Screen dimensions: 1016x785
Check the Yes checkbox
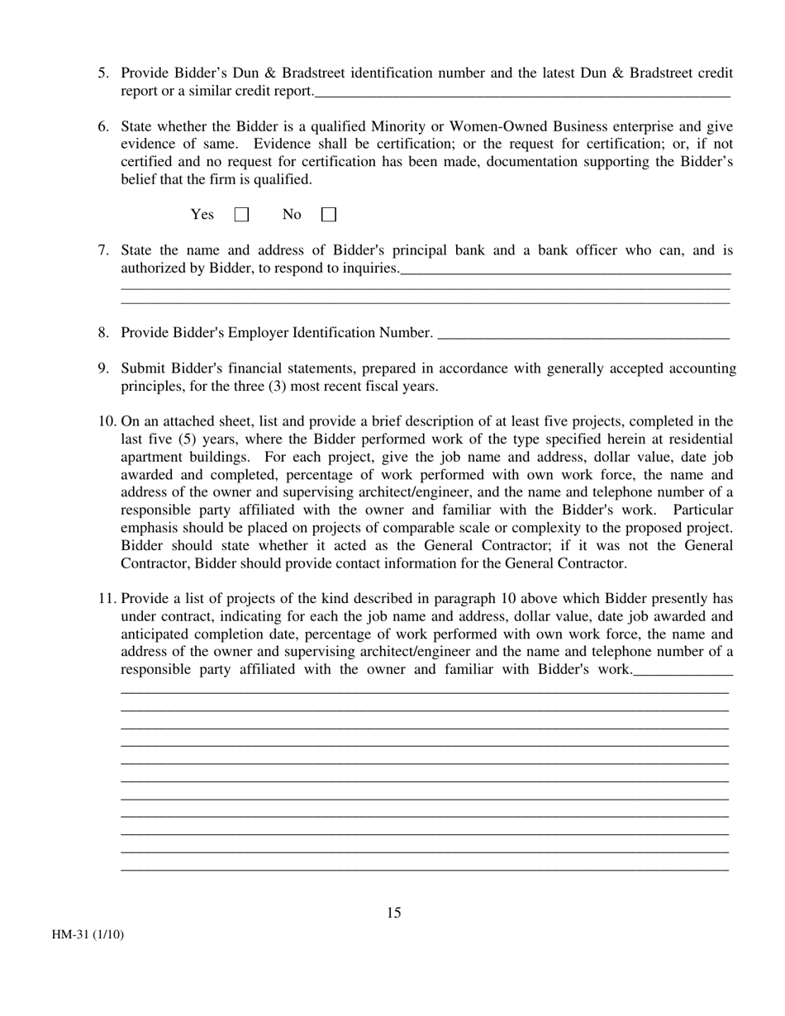(241, 215)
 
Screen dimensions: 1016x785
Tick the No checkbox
(329, 215)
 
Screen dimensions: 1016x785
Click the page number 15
(393, 913)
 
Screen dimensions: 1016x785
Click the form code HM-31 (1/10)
(88, 935)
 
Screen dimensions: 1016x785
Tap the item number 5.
(103, 74)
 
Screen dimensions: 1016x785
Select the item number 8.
(103, 333)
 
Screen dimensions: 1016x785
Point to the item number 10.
(107, 422)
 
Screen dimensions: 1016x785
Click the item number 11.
(107, 599)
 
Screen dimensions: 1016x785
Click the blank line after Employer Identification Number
(583, 335)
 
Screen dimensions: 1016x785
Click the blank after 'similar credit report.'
(522, 93)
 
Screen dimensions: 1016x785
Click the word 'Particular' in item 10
(702, 510)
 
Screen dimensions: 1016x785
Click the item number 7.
(103, 250)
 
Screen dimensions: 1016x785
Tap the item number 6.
(103, 126)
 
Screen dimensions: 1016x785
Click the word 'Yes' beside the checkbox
(202, 215)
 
